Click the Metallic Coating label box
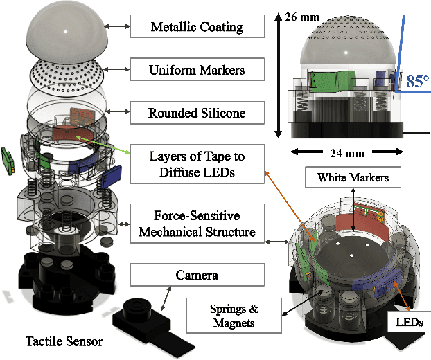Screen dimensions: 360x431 [197, 28]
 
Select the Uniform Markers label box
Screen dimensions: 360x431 [197, 70]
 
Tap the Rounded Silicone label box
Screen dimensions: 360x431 [197, 111]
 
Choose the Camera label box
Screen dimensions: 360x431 [197, 276]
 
